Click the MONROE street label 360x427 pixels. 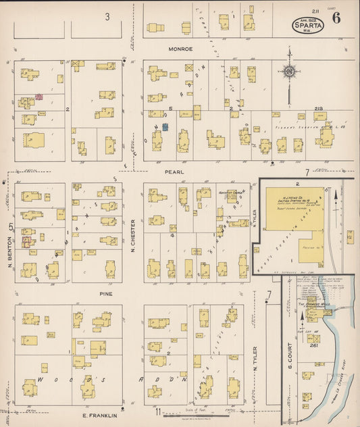[181, 49]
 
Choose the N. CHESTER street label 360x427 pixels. [133, 233]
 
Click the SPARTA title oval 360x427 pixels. [308, 25]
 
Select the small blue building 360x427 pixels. [164, 126]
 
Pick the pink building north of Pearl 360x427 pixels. [39, 97]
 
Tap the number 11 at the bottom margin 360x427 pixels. [157, 411]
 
